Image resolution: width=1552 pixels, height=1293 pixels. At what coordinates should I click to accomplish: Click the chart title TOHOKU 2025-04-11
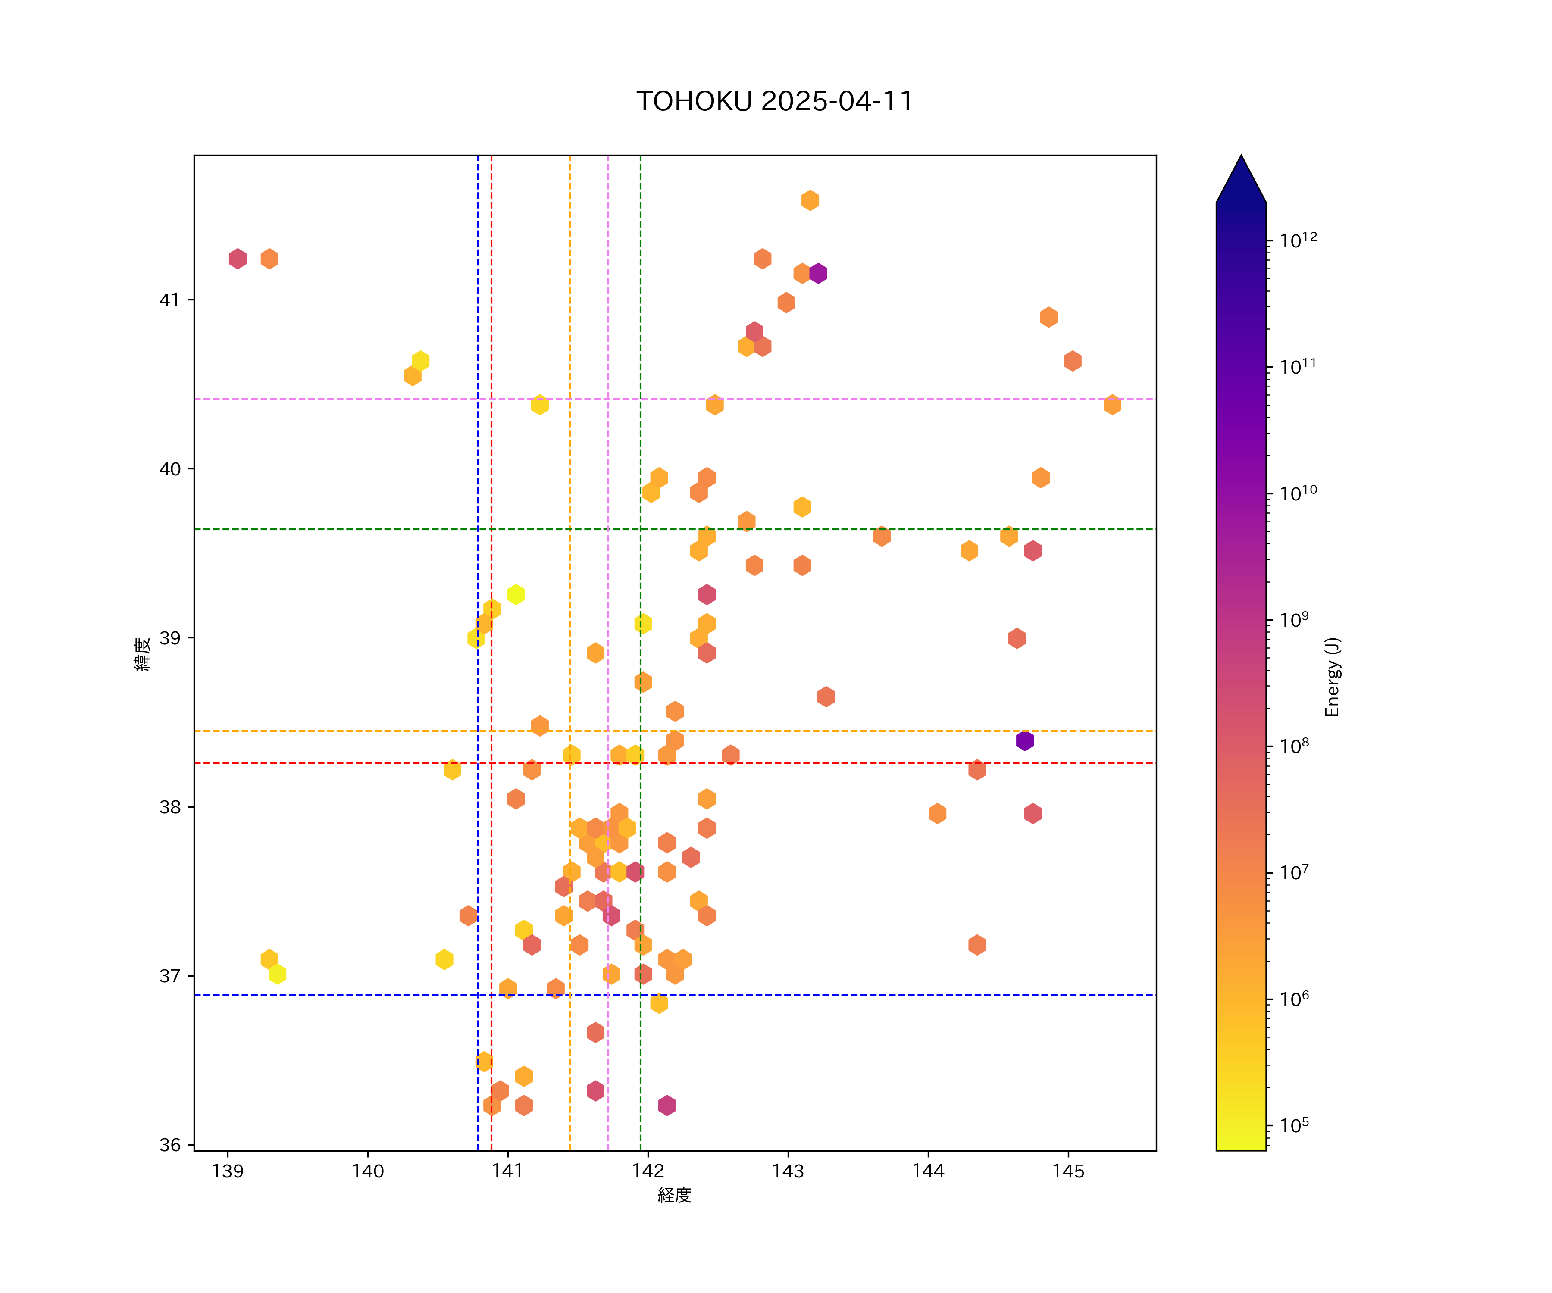point(775,101)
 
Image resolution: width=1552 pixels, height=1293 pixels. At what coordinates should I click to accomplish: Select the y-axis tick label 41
point(169,300)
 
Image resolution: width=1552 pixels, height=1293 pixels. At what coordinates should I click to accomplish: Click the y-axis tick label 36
point(169,1145)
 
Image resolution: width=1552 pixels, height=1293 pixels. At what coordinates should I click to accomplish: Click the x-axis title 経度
point(674,1196)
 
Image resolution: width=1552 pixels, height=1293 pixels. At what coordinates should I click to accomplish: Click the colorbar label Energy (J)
point(1333,677)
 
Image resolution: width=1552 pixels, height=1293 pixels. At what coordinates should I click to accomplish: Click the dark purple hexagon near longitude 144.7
point(1024,740)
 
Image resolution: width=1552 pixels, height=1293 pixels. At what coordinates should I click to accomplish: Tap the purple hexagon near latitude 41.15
point(817,273)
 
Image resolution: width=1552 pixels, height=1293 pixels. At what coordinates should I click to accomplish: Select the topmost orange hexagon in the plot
point(810,200)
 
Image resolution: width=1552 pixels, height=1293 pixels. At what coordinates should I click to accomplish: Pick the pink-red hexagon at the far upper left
point(237,259)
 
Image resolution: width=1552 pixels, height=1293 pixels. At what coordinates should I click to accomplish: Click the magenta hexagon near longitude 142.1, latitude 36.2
point(666,1106)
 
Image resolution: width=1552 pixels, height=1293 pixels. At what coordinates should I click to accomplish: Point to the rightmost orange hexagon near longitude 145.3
point(1112,405)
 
